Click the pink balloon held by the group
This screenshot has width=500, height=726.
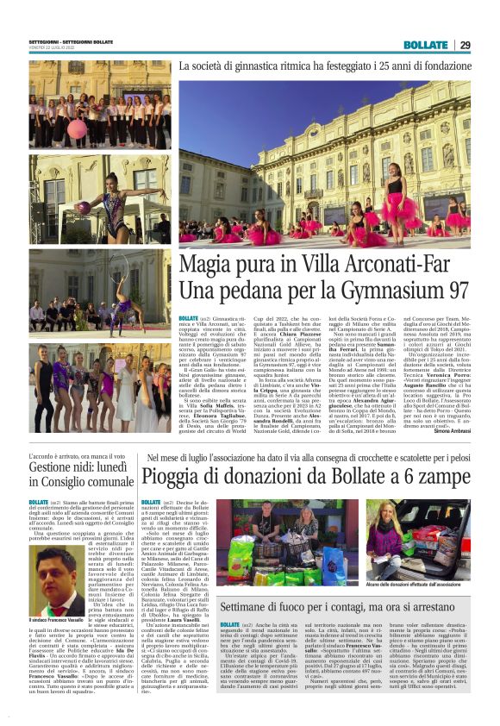[75, 128]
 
